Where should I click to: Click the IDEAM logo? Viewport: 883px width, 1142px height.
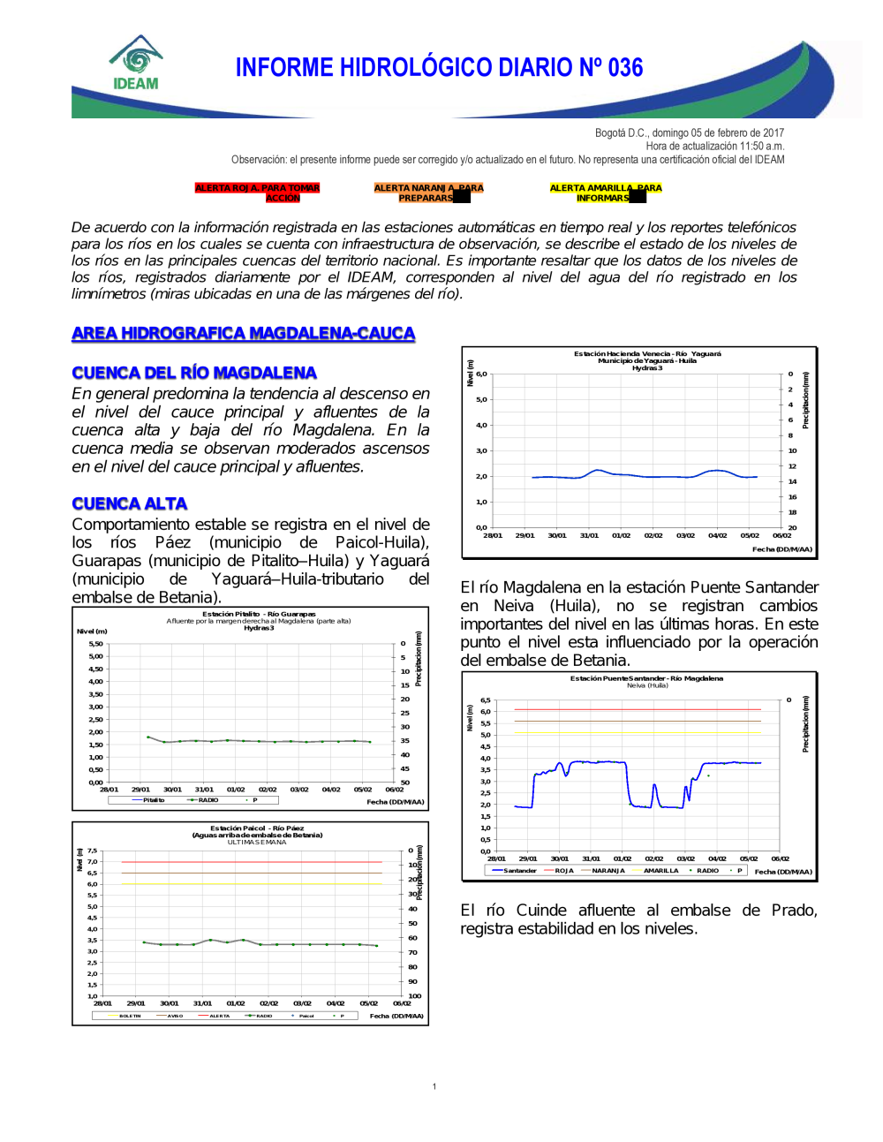(136, 64)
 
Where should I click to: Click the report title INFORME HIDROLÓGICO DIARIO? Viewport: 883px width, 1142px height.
(439, 68)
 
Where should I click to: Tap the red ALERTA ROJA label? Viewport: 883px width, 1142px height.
(257, 193)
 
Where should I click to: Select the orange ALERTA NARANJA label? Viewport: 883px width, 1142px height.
(428, 193)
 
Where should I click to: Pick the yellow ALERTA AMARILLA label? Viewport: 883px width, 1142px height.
(605, 193)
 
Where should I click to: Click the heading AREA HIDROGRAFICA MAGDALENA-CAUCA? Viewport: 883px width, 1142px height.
(243, 334)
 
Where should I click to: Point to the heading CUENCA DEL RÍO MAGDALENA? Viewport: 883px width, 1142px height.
(194, 373)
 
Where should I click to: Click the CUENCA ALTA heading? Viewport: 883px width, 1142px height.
(130, 503)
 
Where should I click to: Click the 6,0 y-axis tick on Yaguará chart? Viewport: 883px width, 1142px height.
(481, 374)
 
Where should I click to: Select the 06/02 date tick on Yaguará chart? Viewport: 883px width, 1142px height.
(782, 535)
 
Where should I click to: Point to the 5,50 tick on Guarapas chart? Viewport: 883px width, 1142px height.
(95, 644)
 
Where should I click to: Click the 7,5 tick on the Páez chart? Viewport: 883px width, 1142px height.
(92, 851)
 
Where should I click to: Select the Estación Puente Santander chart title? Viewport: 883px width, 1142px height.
(646, 678)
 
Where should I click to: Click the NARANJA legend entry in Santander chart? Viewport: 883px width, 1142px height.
(608, 871)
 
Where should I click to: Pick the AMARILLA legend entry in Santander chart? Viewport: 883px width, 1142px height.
(660, 871)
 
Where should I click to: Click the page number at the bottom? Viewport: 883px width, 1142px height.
(434, 1086)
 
